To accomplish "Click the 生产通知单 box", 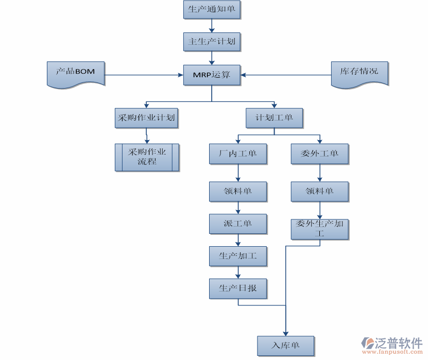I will click(212, 10).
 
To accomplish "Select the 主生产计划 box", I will click(212, 42).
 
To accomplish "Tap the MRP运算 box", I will click(212, 75).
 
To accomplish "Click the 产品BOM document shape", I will click(75, 73).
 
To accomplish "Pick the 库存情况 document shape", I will click(359, 73).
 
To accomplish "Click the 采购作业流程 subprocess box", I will click(147, 157).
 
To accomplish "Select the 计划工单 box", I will click(274, 118).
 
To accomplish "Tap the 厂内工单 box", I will click(238, 154).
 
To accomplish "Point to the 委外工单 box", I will click(319, 154).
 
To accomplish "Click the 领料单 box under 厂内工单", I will click(238, 192).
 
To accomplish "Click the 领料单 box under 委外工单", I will click(319, 192).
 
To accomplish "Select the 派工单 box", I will click(238, 224).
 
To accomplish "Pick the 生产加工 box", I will click(238, 256).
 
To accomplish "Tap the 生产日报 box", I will click(238, 288).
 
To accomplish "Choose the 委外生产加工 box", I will click(319, 229).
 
